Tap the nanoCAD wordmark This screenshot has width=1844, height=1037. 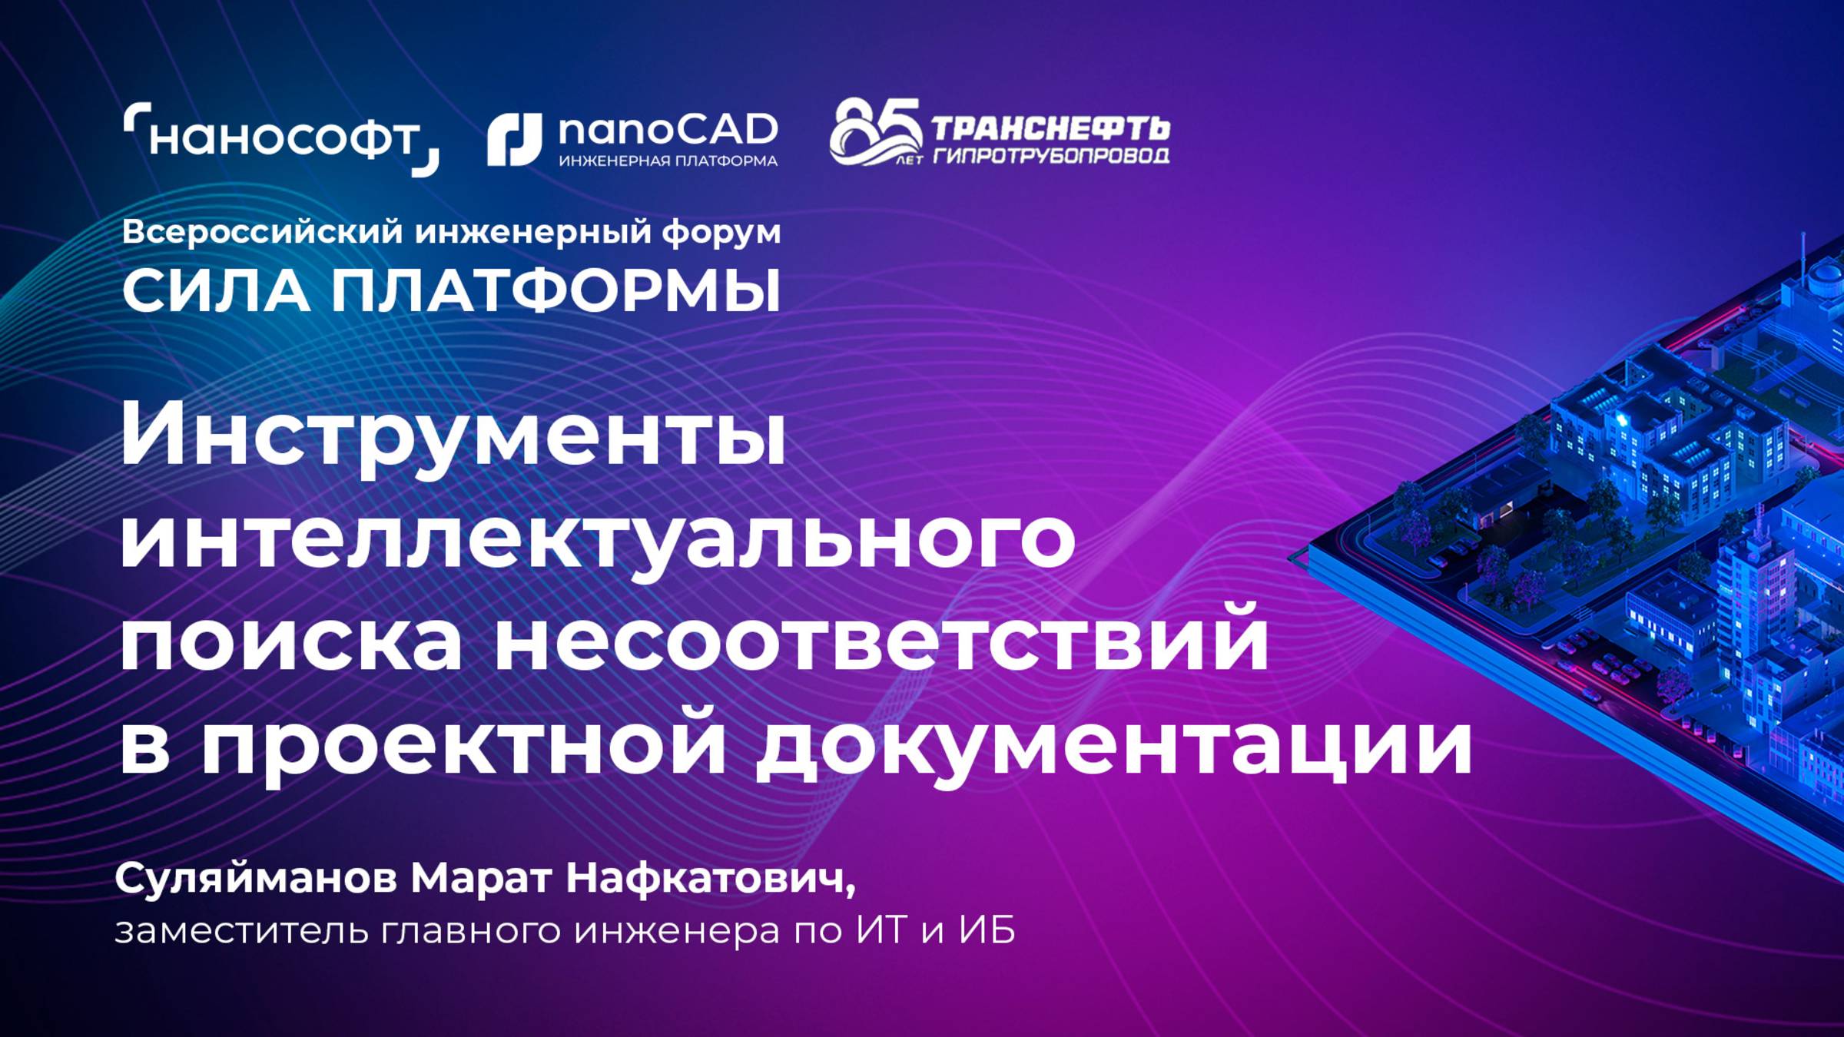(668, 131)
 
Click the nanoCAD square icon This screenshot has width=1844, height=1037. (514, 140)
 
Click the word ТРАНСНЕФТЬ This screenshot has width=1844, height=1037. (1050, 128)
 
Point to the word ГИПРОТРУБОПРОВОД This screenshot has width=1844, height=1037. (1051, 156)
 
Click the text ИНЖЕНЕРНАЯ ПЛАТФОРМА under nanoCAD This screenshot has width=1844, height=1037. (668, 161)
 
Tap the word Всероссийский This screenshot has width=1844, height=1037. (262, 232)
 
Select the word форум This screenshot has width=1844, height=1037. (721, 232)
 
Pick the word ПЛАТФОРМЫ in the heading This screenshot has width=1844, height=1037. (556, 292)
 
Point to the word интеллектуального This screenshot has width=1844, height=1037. (597, 540)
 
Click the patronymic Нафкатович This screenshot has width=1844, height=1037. (710, 879)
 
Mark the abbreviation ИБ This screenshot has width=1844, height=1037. (987, 930)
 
